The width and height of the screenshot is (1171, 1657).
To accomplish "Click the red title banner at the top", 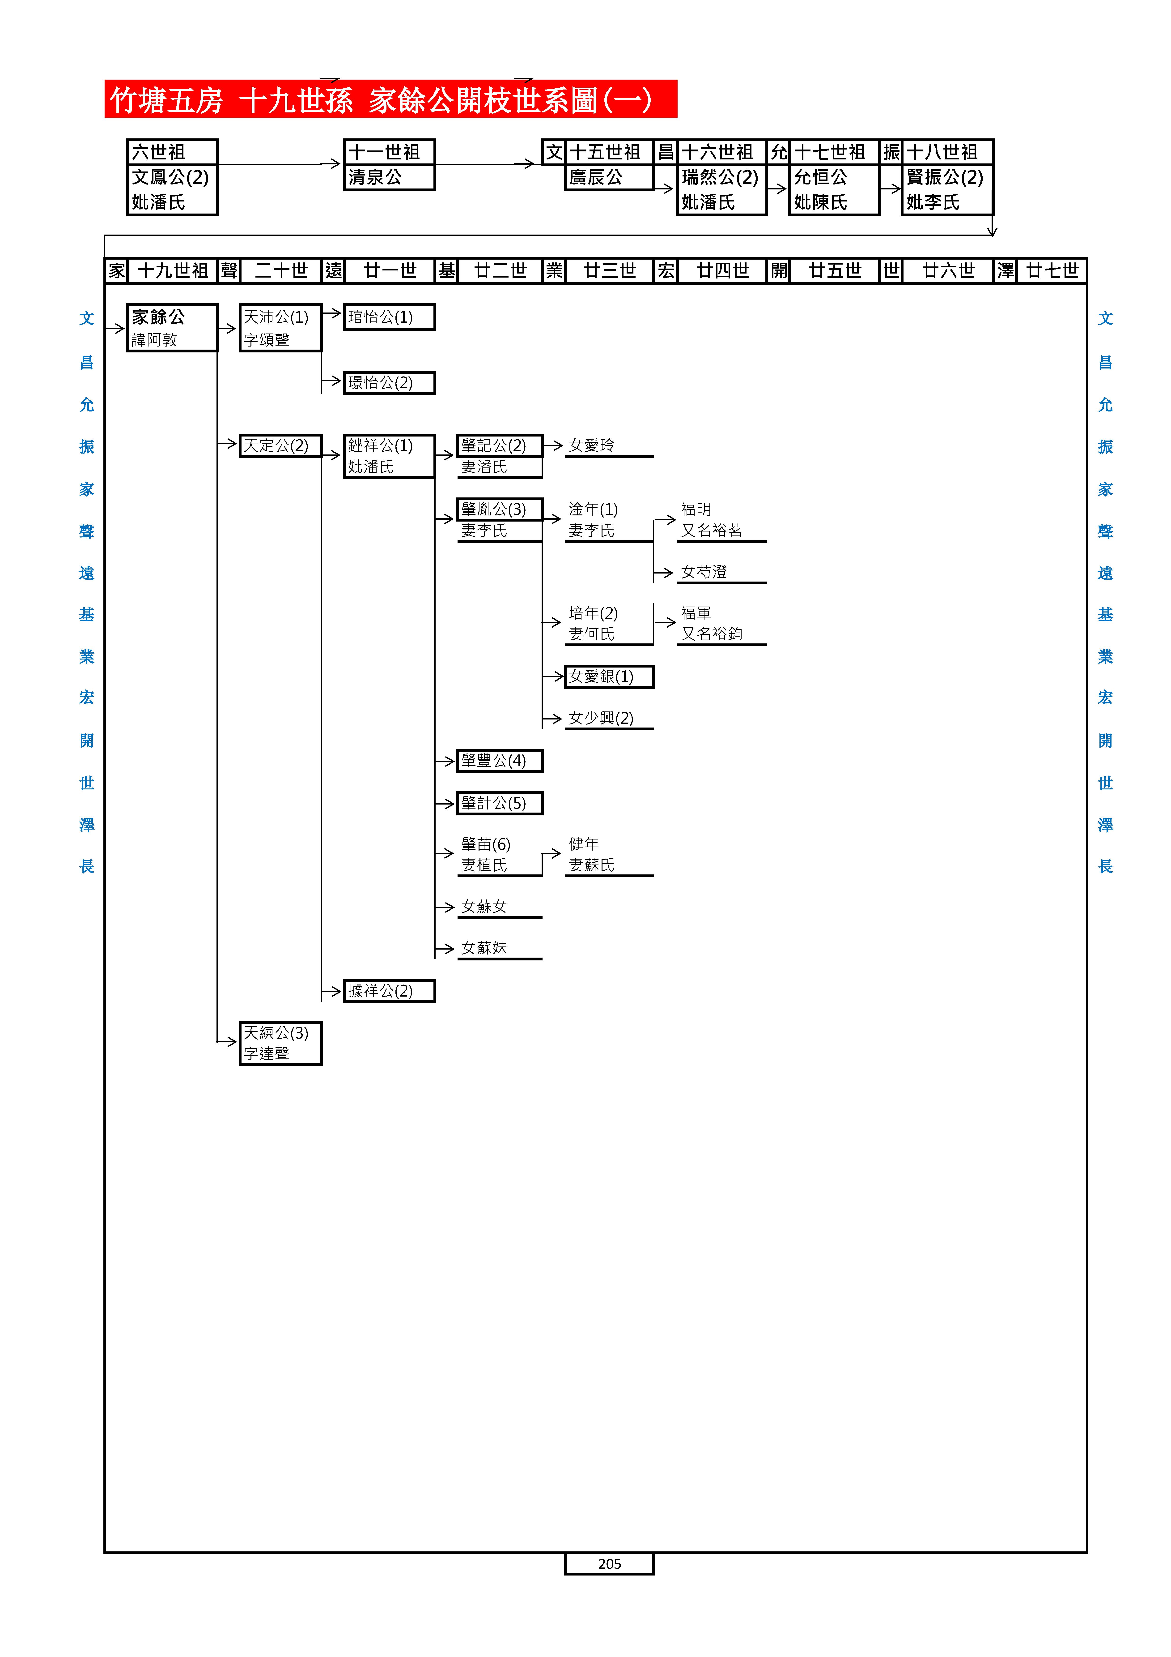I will (390, 99).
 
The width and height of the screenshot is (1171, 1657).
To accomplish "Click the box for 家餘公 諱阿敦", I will (172, 328).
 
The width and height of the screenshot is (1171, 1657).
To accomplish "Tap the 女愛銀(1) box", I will (609, 676).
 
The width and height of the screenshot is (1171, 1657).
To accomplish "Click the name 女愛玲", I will (592, 445).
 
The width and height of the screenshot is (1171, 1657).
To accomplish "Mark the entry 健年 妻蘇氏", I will (592, 854).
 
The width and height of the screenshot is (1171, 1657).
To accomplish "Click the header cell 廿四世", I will (722, 271).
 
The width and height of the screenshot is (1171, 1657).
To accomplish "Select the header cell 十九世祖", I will (172, 271).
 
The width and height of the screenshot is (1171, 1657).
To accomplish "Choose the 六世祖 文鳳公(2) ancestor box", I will (172, 177).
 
